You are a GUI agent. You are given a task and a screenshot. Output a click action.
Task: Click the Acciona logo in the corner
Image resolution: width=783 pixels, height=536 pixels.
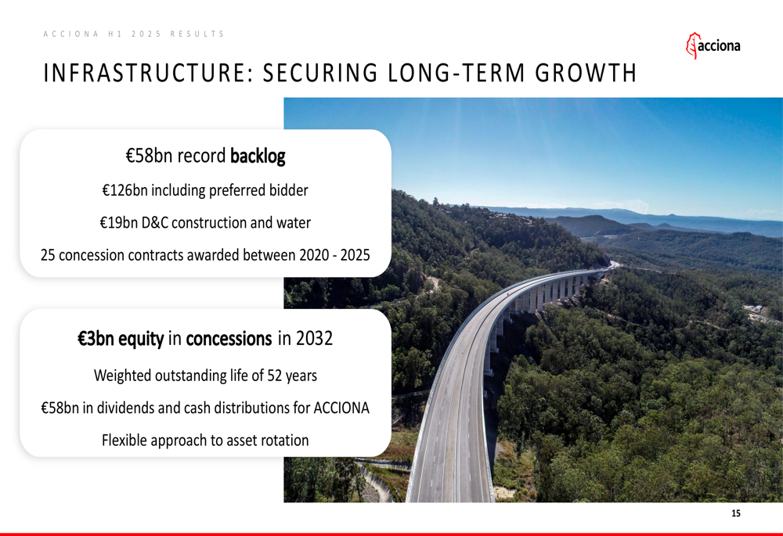point(713,45)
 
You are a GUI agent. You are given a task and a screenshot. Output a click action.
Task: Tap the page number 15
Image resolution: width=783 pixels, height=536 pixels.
point(735,513)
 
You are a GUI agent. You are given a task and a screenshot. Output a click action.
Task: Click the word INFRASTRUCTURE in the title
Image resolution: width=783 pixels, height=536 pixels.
point(145,73)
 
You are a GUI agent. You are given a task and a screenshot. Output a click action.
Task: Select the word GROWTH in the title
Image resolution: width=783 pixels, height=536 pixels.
point(586,73)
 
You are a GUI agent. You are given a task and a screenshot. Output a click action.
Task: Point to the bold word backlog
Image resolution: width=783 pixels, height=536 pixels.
point(258,156)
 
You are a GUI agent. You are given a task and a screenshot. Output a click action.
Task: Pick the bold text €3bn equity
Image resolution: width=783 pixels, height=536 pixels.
point(121,339)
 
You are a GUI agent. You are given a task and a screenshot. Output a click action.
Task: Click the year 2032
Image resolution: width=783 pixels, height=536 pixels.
point(314,338)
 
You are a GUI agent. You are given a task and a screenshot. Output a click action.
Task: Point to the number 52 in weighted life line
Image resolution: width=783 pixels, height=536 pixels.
point(275,376)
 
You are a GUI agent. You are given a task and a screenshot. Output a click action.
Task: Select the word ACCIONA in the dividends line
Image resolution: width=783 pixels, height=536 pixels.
point(341,408)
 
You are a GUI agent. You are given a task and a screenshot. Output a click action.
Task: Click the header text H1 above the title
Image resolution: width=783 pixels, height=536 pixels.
point(114,34)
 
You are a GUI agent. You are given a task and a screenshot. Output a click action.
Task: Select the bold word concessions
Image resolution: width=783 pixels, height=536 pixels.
point(229,339)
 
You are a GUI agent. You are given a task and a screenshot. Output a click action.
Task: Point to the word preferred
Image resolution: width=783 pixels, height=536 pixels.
point(238,191)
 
